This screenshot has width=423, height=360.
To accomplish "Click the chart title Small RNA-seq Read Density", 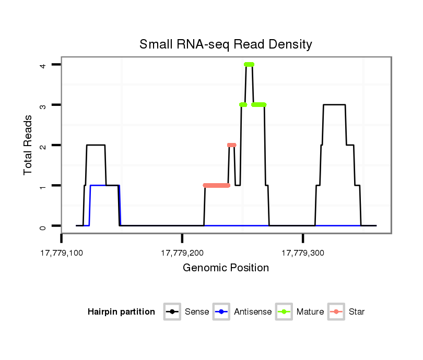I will tap(226, 44).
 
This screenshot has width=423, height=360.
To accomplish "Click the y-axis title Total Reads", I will tap(29, 145).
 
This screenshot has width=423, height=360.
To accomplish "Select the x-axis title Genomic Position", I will tap(226, 268).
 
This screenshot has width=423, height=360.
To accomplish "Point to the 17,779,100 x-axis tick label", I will tap(62, 253).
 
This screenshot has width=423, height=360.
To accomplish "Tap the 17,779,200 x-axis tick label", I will tap(182, 253).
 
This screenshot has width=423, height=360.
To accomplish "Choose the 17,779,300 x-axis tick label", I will tap(303, 253).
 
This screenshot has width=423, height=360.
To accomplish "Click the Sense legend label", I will tap(197, 312).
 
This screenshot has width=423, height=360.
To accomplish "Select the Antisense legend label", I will tap(253, 312).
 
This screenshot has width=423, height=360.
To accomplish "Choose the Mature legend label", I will tap(310, 312).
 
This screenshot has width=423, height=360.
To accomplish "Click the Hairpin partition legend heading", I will tap(121, 312).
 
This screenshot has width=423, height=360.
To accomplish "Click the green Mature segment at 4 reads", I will tap(249, 64).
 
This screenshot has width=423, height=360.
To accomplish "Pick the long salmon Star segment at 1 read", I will tap(216, 185).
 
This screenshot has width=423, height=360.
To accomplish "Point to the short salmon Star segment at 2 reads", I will tap(232, 145).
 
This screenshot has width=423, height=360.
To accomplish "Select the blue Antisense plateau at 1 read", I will tap(104, 185).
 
